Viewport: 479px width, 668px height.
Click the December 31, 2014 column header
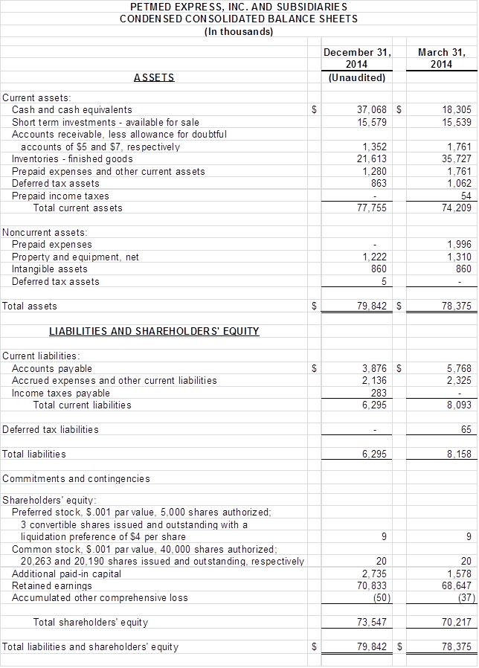357,58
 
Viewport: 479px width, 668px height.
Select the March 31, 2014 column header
442,58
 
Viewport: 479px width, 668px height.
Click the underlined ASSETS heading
154,77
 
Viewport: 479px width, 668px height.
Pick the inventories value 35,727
456,158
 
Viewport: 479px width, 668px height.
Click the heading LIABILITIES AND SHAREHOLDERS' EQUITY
154,331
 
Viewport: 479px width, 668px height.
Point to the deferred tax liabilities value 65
466,430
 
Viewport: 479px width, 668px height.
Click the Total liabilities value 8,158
458,454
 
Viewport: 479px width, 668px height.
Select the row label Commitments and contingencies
76,479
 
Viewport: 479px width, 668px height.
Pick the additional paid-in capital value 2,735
376,574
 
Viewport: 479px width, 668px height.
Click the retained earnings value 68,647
456,585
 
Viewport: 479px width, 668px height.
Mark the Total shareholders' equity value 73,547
374,623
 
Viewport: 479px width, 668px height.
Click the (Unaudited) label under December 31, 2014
357,77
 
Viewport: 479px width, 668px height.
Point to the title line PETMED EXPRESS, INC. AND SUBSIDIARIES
238,6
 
